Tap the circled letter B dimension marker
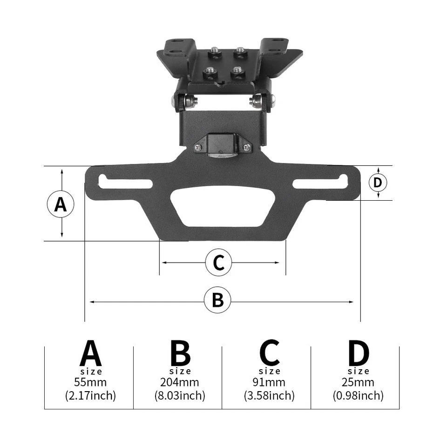(x=217, y=301)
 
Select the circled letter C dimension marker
(x=218, y=263)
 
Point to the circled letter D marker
(x=378, y=183)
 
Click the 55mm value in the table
(x=90, y=382)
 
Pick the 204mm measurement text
(x=180, y=382)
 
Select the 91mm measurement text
(x=269, y=382)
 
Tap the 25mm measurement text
(x=358, y=382)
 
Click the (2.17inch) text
(x=90, y=396)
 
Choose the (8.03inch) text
(x=180, y=396)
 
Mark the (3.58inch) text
(x=269, y=396)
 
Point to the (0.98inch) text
(x=358, y=396)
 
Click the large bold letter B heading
(x=180, y=354)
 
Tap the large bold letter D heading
(x=358, y=354)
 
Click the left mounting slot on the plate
(x=125, y=182)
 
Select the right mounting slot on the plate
(x=320, y=182)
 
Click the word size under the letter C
(x=270, y=371)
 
